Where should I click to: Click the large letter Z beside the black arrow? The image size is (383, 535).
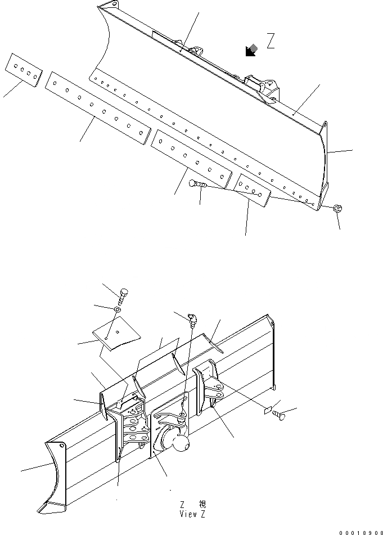click(271, 42)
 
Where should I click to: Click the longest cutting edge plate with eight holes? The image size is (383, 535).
click(99, 108)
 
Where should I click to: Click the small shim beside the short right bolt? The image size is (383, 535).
click(268, 411)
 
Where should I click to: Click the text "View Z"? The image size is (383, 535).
click(193, 514)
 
